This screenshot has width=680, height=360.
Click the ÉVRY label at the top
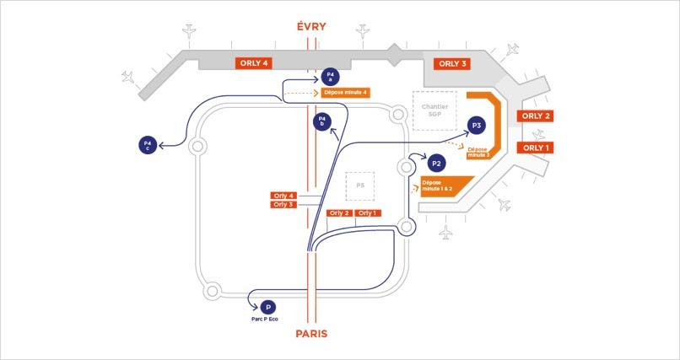tap(311, 27)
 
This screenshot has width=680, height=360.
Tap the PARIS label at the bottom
tap(311, 334)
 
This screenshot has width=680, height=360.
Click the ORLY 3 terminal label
tap(451, 63)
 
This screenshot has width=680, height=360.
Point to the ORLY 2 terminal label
tap(536, 116)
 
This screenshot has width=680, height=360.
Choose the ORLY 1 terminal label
tap(536, 148)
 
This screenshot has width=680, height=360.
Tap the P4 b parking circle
tap(321, 122)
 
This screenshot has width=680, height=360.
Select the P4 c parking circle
tap(148, 145)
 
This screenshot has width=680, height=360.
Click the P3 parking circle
tap(477, 126)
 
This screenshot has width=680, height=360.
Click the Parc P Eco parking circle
tap(268, 308)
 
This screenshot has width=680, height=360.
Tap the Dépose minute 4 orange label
tap(346, 93)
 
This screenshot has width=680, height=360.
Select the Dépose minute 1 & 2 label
tap(439, 185)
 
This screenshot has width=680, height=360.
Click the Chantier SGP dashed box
tap(434, 110)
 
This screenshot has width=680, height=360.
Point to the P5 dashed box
tap(359, 185)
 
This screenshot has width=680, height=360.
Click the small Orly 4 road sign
tap(283, 195)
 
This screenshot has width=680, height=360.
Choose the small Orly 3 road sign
tap(283, 204)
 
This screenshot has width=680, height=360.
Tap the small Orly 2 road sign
tap(340, 213)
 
